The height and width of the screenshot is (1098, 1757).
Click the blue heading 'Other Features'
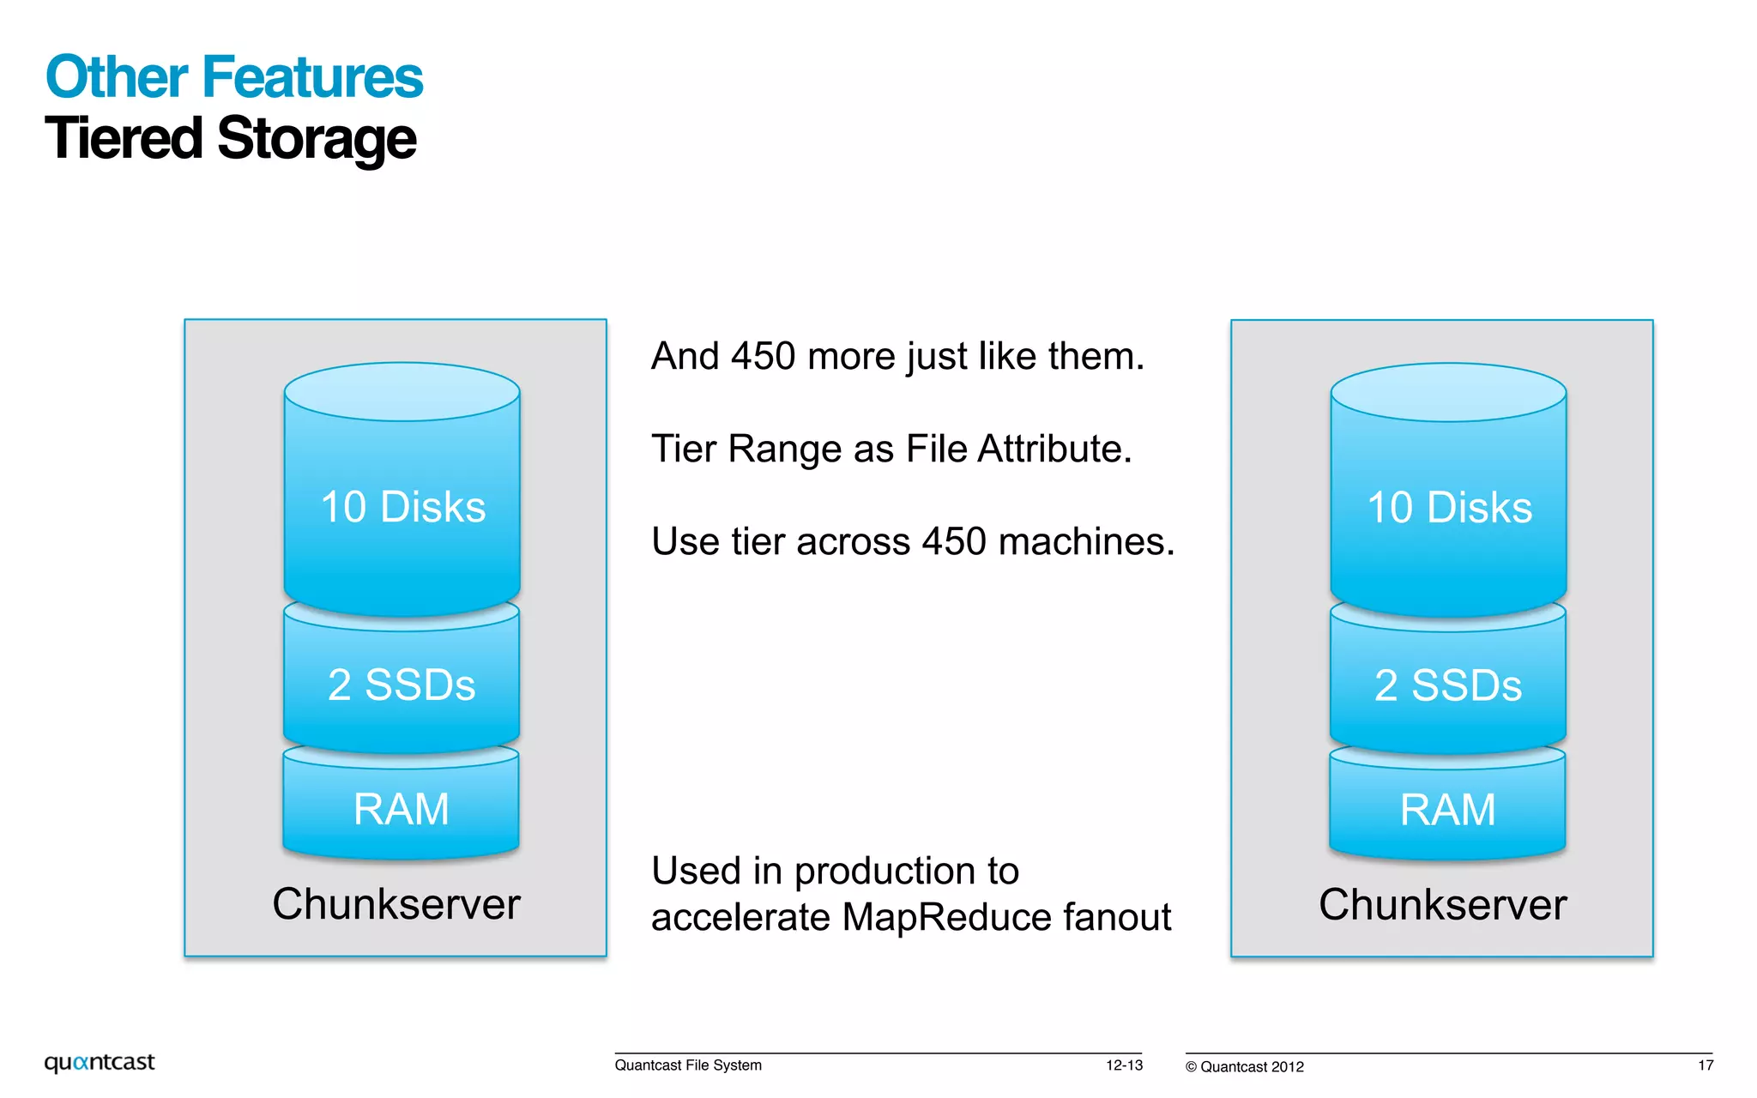pos(233,77)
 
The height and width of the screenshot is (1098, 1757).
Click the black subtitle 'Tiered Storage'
pos(230,139)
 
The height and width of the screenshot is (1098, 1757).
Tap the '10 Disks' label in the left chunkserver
pos(402,507)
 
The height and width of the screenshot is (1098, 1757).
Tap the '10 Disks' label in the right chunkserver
pos(1449,508)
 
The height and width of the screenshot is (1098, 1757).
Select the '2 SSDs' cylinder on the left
pos(402,685)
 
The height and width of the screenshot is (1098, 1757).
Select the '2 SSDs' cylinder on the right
pos(1448,685)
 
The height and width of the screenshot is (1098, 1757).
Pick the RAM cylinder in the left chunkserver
pos(402,809)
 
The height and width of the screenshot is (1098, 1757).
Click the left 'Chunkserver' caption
pos(396,904)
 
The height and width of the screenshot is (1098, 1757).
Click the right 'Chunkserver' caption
pos(1443,905)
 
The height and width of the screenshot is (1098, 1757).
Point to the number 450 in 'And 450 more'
pos(763,356)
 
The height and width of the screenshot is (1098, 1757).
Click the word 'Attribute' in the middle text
pos(1055,449)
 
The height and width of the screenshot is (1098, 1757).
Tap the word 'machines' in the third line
pos(1086,541)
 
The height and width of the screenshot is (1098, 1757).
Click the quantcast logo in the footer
pos(100,1063)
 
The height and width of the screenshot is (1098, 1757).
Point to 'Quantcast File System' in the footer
pos(688,1065)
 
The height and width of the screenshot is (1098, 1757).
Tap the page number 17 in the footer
pos(1706,1065)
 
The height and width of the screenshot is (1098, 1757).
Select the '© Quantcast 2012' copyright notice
pos(1245,1067)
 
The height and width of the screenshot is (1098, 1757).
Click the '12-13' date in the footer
pos(1124,1065)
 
